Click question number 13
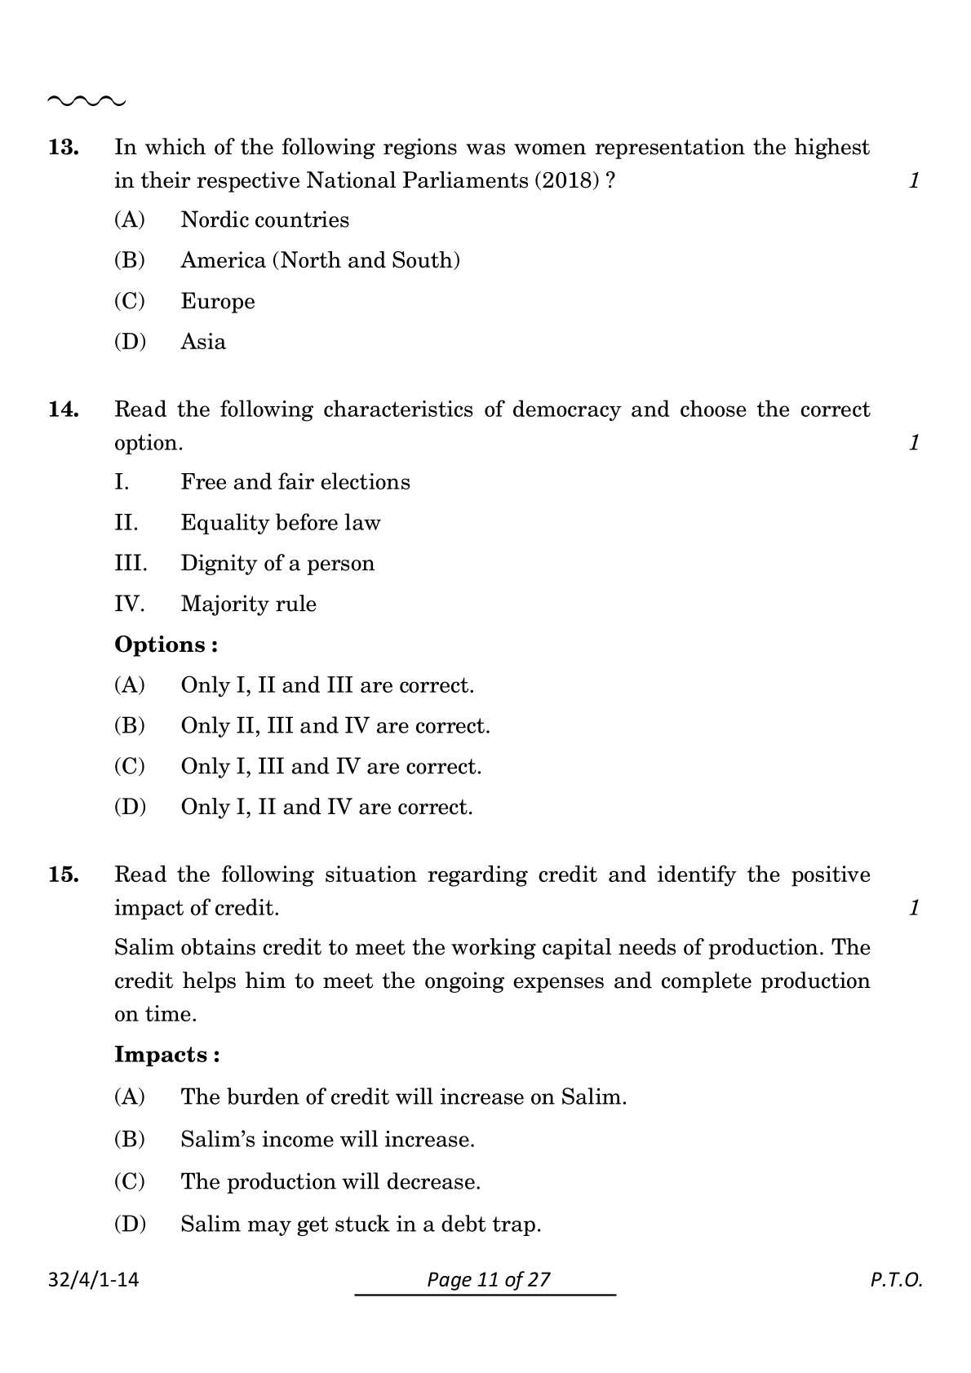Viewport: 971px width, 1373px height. point(64,148)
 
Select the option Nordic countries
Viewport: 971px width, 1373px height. point(264,220)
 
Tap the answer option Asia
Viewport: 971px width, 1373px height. point(202,342)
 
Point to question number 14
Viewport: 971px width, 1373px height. point(64,410)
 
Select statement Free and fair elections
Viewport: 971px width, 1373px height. point(295,482)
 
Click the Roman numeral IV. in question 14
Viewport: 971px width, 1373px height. point(129,605)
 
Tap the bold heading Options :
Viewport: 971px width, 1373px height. point(166,644)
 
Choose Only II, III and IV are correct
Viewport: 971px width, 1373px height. point(335,726)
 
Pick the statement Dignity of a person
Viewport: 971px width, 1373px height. point(277,564)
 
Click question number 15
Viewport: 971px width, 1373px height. point(64,875)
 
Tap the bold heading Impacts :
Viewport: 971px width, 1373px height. point(166,1055)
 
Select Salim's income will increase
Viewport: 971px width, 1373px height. point(326,1140)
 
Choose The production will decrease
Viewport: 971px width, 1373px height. point(330,1182)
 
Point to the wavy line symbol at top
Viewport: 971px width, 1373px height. point(86,101)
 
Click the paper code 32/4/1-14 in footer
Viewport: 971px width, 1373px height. point(93,1279)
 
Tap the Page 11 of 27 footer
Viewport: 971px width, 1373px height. point(488,1279)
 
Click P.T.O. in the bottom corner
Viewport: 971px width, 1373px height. point(895,1280)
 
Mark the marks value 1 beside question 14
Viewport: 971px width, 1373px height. point(914,443)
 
